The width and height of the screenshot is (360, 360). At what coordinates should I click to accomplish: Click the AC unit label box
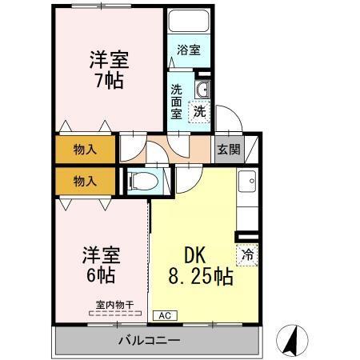[x=165, y=316]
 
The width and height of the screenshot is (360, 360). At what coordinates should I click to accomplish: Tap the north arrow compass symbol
[x=292, y=341]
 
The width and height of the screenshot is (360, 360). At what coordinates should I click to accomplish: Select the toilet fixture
[x=142, y=182]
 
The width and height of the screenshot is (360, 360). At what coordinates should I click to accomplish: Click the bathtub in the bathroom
[x=189, y=21]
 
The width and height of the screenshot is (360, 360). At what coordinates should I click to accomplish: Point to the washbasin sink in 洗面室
[x=202, y=89]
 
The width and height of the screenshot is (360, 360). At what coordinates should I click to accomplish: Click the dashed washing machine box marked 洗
[x=199, y=112]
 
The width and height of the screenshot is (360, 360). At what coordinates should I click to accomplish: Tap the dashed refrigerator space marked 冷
[x=247, y=255]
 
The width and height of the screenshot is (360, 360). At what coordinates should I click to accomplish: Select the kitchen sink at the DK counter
[x=247, y=182]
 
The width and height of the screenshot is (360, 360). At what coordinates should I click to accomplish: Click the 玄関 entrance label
[x=229, y=150]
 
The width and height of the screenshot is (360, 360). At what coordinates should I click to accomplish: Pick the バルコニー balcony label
[x=150, y=341]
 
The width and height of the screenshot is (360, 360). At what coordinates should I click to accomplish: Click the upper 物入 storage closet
[x=86, y=150]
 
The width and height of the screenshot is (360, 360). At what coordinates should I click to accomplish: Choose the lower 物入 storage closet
[x=86, y=182]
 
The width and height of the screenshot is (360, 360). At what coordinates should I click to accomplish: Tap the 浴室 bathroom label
[x=189, y=50]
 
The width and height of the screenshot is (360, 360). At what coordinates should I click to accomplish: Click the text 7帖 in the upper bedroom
[x=110, y=81]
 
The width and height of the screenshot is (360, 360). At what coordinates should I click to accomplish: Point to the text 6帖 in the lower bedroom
[x=101, y=275]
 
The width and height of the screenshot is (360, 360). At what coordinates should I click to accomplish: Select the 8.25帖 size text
[x=201, y=277]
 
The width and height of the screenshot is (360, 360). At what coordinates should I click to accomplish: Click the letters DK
[x=195, y=255]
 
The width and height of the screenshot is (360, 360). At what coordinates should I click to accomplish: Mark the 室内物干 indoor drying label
[x=114, y=305]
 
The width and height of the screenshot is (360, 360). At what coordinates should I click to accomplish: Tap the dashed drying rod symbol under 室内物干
[x=115, y=314]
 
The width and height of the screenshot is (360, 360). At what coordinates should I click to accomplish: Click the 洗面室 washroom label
[x=176, y=102]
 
